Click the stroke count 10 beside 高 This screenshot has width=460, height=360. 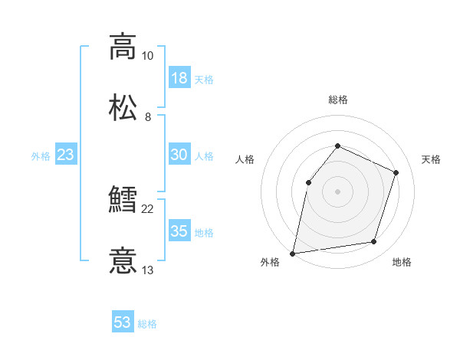pos(147,56)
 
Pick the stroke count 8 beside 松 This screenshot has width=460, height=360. pos(147,117)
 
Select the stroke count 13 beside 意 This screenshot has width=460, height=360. pos(147,270)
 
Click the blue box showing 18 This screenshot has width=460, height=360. pos(179,78)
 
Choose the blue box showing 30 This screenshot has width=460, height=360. pos(179,155)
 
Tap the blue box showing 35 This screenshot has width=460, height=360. pos(179,231)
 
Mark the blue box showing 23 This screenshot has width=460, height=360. pos(65,155)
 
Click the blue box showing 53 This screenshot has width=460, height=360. pos(123,322)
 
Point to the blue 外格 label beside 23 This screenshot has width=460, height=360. pos(41,156)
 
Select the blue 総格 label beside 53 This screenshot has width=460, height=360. pos(147,324)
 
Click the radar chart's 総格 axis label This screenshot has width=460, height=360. pos(337,100)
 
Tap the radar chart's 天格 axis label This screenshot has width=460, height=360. pos(431,159)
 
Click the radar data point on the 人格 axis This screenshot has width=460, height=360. pos(308,182)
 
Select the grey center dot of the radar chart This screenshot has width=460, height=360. pos(337,191)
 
